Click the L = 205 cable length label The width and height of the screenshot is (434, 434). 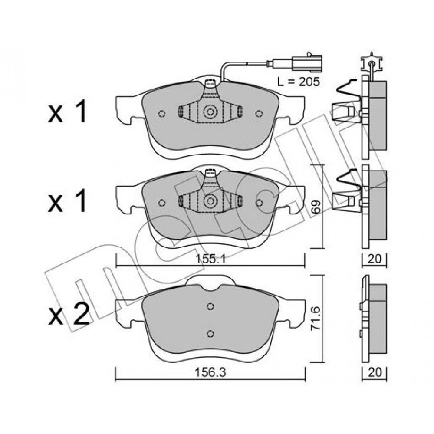[x=299, y=82]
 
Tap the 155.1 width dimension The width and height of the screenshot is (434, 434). [x=210, y=259]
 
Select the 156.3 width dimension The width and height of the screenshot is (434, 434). [x=210, y=372]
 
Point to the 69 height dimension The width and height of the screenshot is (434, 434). [x=316, y=207]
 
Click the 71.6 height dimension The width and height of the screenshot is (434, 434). [x=316, y=318]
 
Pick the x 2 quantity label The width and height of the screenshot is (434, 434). [x=69, y=314]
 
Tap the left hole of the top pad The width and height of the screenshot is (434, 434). [x=162, y=113]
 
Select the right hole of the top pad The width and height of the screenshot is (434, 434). [x=259, y=113]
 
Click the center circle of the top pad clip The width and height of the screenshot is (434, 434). [x=210, y=112]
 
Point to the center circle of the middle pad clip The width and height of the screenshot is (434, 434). [x=210, y=201]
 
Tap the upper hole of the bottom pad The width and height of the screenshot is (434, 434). [x=210, y=306]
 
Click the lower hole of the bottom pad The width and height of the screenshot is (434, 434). [x=210, y=333]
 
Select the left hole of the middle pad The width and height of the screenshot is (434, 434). [x=162, y=203]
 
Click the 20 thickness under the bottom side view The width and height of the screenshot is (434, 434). [x=375, y=372]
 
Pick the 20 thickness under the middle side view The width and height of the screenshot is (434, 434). [x=375, y=259]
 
